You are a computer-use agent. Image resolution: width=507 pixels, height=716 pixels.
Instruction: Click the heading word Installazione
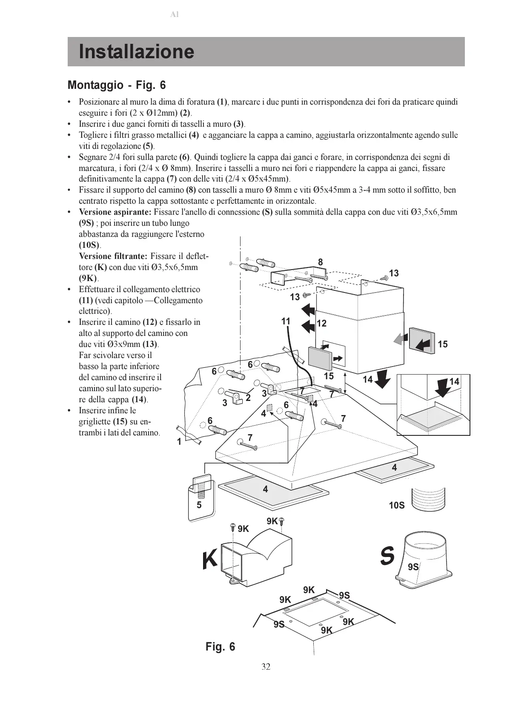tap(136, 52)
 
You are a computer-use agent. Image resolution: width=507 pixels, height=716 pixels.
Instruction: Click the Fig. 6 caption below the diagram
tap(220, 647)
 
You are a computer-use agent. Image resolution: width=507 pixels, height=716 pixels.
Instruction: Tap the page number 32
tap(266, 666)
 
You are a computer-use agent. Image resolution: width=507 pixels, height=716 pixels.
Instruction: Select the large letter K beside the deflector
tap(209, 560)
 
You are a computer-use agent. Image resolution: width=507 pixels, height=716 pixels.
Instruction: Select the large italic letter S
tap(387, 556)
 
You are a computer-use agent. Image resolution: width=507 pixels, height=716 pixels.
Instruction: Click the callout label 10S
tap(396, 505)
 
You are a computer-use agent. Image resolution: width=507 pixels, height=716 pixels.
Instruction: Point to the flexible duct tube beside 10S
tap(429, 498)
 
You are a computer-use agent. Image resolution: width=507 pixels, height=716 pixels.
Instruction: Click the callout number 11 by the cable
tap(286, 321)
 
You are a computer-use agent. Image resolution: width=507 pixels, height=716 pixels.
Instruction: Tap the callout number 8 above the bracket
tap(321, 262)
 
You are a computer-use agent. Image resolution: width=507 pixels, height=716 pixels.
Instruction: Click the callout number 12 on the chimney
tap(322, 324)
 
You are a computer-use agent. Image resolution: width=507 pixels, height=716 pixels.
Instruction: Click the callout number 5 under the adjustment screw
tap(199, 505)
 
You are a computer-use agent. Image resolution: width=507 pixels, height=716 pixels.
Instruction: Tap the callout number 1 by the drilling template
tap(179, 442)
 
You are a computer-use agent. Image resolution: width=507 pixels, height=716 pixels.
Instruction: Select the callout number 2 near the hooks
tap(248, 398)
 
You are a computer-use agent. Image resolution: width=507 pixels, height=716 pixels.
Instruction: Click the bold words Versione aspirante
tap(115, 212)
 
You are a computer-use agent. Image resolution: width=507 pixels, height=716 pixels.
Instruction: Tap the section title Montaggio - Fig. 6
tap(117, 85)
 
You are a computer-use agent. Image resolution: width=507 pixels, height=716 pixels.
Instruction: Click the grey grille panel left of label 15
tap(421, 340)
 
